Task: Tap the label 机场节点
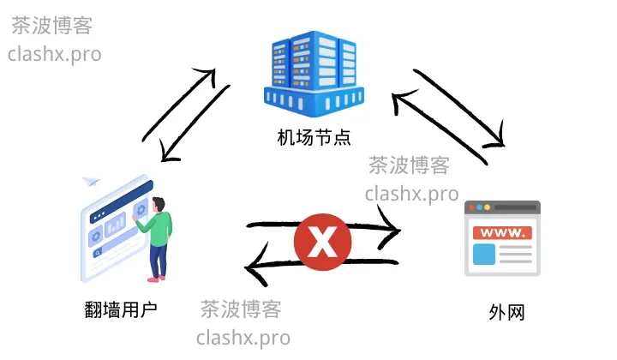[314, 136]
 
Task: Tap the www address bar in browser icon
[503, 232]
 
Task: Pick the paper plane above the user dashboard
[91, 182]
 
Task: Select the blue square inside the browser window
[484, 255]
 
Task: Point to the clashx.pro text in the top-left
[54, 54]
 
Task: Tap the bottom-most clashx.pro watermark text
[243, 337]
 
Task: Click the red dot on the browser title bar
[471, 207]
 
